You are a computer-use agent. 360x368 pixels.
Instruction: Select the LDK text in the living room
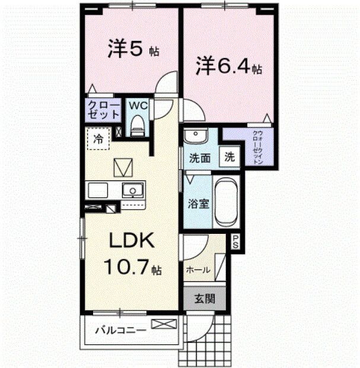point(130,241)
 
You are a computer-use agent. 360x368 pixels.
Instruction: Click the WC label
point(138,106)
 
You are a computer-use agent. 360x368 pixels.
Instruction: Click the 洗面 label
point(200,158)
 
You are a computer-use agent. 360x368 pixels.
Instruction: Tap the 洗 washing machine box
point(230,158)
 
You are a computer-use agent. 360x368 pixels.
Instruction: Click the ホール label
point(197,270)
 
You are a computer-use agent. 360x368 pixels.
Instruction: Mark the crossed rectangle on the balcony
point(164,324)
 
